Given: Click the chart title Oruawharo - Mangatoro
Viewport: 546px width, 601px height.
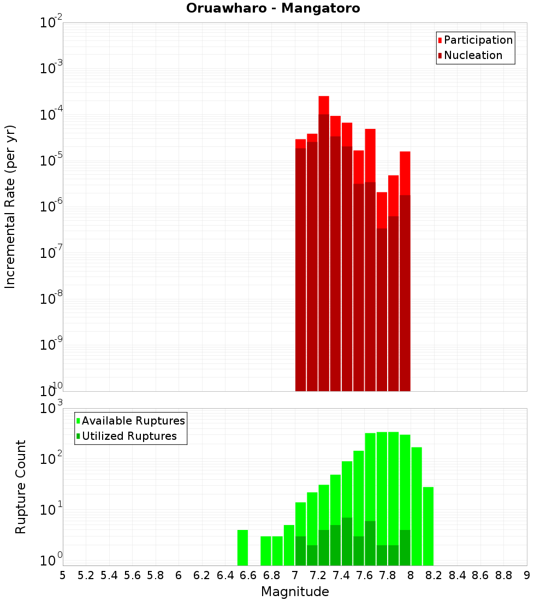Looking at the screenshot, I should coord(273,9).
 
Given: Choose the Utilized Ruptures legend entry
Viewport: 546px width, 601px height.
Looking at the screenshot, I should coord(129,436).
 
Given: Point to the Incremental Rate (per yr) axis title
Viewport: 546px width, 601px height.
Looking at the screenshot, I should coord(10,207).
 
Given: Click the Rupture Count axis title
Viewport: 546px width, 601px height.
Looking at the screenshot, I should coord(20,487).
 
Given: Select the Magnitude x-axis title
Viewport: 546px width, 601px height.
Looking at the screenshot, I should coord(295,592).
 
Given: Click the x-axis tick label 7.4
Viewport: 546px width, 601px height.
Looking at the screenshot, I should coord(341,575).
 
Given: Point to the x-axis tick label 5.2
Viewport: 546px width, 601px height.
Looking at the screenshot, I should coord(86,575).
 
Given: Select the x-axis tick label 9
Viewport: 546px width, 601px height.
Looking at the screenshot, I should coord(527,575).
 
